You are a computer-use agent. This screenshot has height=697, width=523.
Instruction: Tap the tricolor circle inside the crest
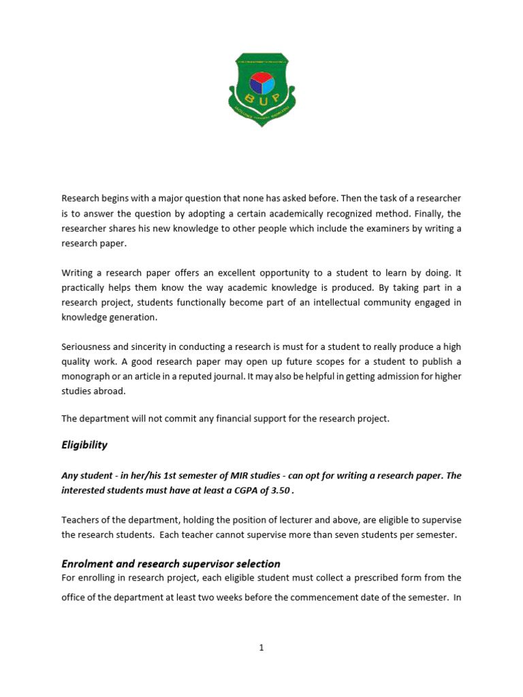click(261, 83)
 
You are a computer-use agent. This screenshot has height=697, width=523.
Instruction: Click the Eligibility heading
click(84, 444)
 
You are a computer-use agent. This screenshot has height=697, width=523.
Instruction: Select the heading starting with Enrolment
click(171, 564)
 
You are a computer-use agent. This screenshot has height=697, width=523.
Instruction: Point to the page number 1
click(261, 648)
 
